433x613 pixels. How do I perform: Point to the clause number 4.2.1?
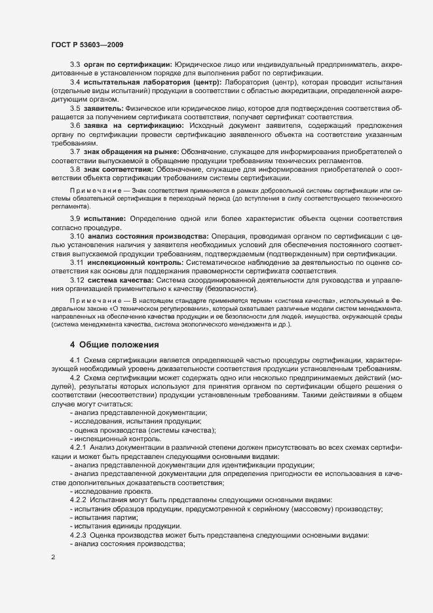(79, 446)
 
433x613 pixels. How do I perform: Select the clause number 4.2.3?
(79, 535)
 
